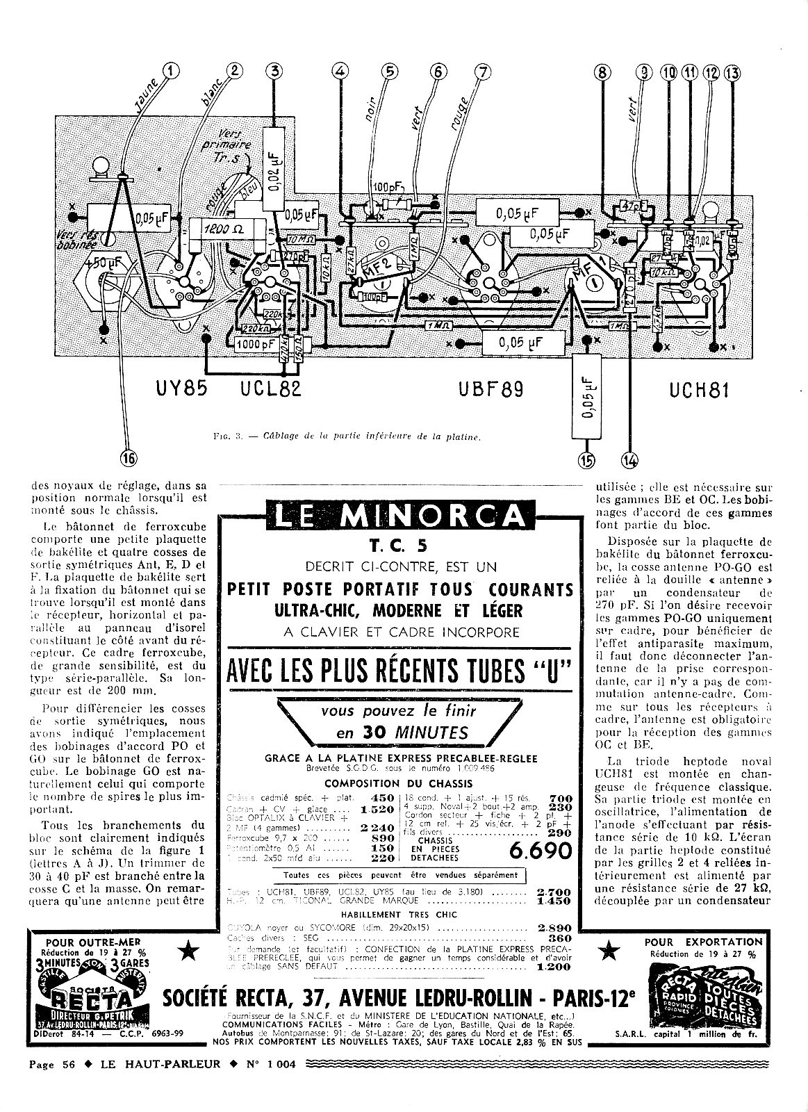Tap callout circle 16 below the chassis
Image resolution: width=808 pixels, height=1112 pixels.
129,457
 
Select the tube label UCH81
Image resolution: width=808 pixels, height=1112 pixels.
700,390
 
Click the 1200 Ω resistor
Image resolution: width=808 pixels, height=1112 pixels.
224,228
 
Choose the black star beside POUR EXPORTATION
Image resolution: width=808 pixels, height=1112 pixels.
609,950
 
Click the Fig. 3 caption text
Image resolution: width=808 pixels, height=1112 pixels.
349,437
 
